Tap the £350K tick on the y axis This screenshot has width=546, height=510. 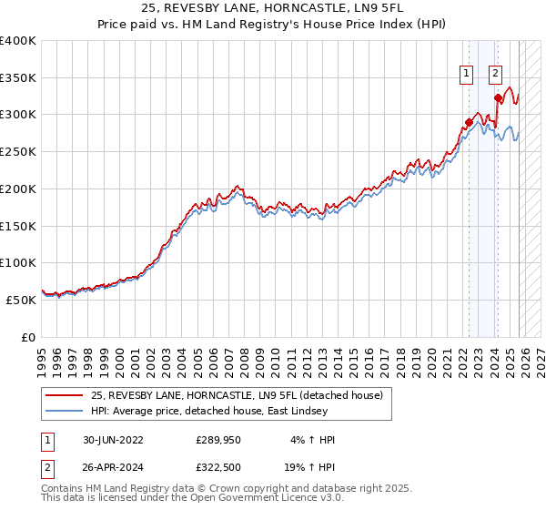[x=18, y=78]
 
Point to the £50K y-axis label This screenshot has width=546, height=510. [x=22, y=300]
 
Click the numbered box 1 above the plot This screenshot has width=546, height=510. [x=467, y=75]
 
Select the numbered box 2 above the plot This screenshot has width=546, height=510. [x=496, y=75]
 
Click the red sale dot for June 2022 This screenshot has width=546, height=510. [x=470, y=122]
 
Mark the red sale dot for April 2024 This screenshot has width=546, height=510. [x=497, y=98]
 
